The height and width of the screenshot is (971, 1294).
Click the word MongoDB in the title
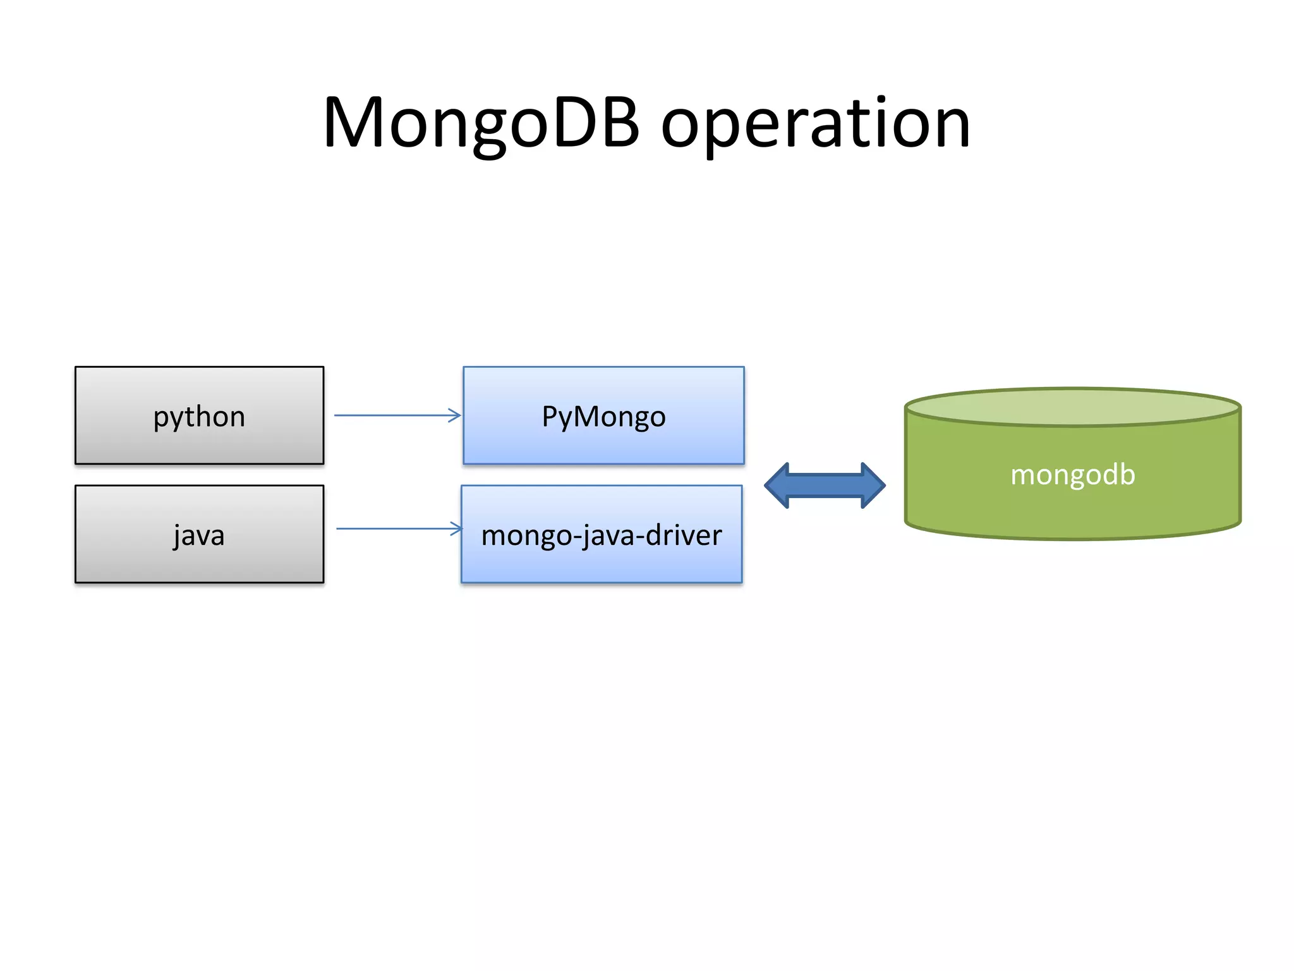point(481,123)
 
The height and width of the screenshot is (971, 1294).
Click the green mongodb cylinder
point(1073,506)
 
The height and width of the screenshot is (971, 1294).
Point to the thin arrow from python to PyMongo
point(392,415)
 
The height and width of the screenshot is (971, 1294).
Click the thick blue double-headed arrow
point(825,485)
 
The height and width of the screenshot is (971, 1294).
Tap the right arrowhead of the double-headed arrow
point(873,485)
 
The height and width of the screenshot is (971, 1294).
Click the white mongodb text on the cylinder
point(1073,475)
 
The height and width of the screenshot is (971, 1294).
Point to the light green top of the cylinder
point(1073,406)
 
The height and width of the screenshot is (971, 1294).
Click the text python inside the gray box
point(199,417)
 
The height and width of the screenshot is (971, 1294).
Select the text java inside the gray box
point(199,536)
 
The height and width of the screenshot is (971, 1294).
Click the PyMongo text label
point(603,417)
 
